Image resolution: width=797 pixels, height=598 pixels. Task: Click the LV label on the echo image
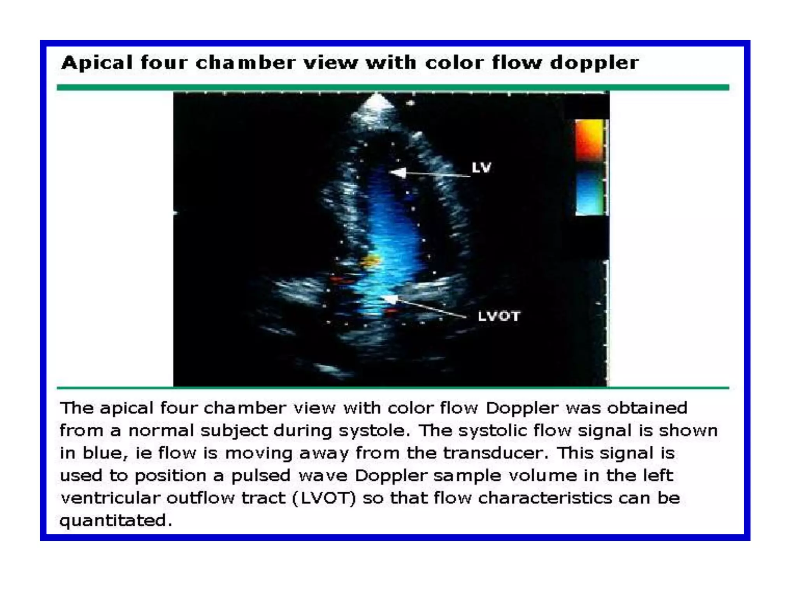[x=481, y=168]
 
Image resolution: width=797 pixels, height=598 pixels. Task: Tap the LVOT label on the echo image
[x=499, y=316]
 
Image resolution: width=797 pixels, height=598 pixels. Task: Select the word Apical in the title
[x=97, y=63]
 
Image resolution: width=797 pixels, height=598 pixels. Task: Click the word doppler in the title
[x=594, y=63]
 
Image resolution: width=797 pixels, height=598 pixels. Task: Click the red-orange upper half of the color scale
[x=589, y=140]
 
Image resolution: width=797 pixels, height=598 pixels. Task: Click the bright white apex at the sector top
[x=376, y=102]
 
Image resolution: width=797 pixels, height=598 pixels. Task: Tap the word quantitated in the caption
[x=115, y=521]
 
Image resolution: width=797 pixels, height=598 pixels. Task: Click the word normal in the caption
[x=161, y=431]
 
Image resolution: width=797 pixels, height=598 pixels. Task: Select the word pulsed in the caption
[x=261, y=476]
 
